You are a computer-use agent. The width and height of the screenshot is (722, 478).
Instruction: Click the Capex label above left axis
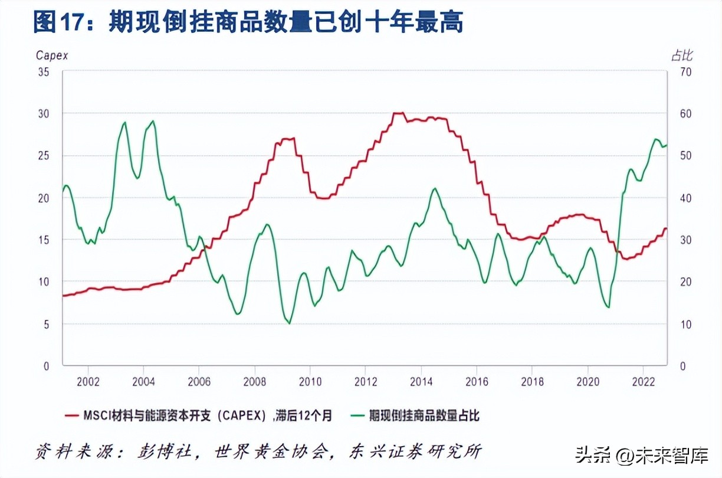tap(52, 55)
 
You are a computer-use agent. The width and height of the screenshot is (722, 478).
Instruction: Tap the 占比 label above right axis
tap(682, 55)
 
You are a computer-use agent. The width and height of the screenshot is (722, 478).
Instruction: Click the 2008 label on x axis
tap(254, 381)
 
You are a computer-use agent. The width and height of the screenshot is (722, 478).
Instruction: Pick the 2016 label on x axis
tap(477, 381)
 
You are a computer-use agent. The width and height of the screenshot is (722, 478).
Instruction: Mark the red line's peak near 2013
tap(399, 113)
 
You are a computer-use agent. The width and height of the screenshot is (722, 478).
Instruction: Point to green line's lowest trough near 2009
tap(289, 323)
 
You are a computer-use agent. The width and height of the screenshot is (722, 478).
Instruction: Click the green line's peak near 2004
tap(153, 122)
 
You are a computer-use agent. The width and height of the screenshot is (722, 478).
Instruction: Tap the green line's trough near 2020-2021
tap(608, 307)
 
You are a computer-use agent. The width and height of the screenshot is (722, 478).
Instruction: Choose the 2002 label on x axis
tap(87, 381)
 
